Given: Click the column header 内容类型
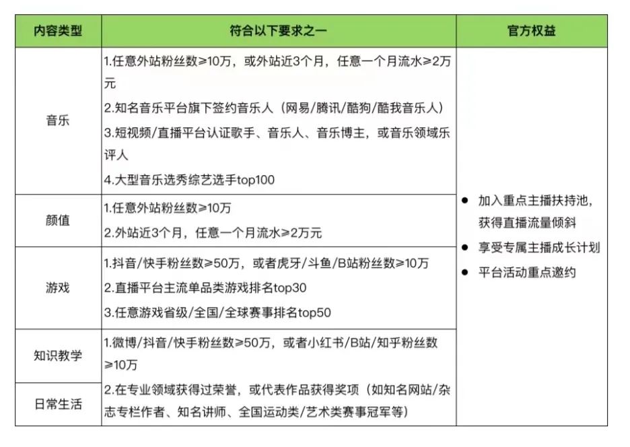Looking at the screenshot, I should coord(58,32).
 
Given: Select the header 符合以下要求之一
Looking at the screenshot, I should coord(278,32).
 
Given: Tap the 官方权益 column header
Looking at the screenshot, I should coord(531,32).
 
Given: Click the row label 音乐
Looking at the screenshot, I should coord(58,121).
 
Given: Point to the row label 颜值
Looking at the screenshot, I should coord(58,221).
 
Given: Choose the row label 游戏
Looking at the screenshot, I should coord(58,288).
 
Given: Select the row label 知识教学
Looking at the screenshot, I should coord(58,355).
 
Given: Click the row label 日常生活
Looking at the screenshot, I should coord(58,405).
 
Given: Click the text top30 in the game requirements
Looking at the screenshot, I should coord(289,288).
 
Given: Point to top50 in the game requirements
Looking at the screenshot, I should coord(314,313).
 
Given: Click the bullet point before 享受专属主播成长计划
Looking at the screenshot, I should coord(465,248).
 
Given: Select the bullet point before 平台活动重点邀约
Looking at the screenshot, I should coord(465,273).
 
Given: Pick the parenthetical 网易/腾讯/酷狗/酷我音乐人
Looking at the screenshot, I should coord(363,108).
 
